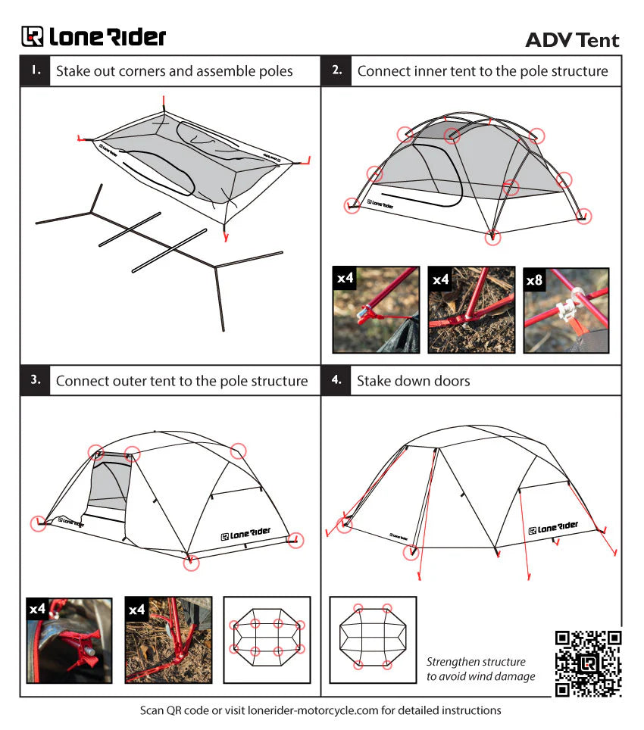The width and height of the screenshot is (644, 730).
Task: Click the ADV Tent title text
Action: tap(572, 40)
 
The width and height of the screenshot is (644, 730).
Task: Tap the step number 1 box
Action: tap(35, 70)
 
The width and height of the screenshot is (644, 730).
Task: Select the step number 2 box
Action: tap(336, 70)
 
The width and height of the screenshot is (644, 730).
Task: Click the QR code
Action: tap(588, 663)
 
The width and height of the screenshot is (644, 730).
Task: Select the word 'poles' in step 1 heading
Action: tap(275, 72)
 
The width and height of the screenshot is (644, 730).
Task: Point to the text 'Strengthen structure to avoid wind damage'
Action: tap(480, 669)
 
